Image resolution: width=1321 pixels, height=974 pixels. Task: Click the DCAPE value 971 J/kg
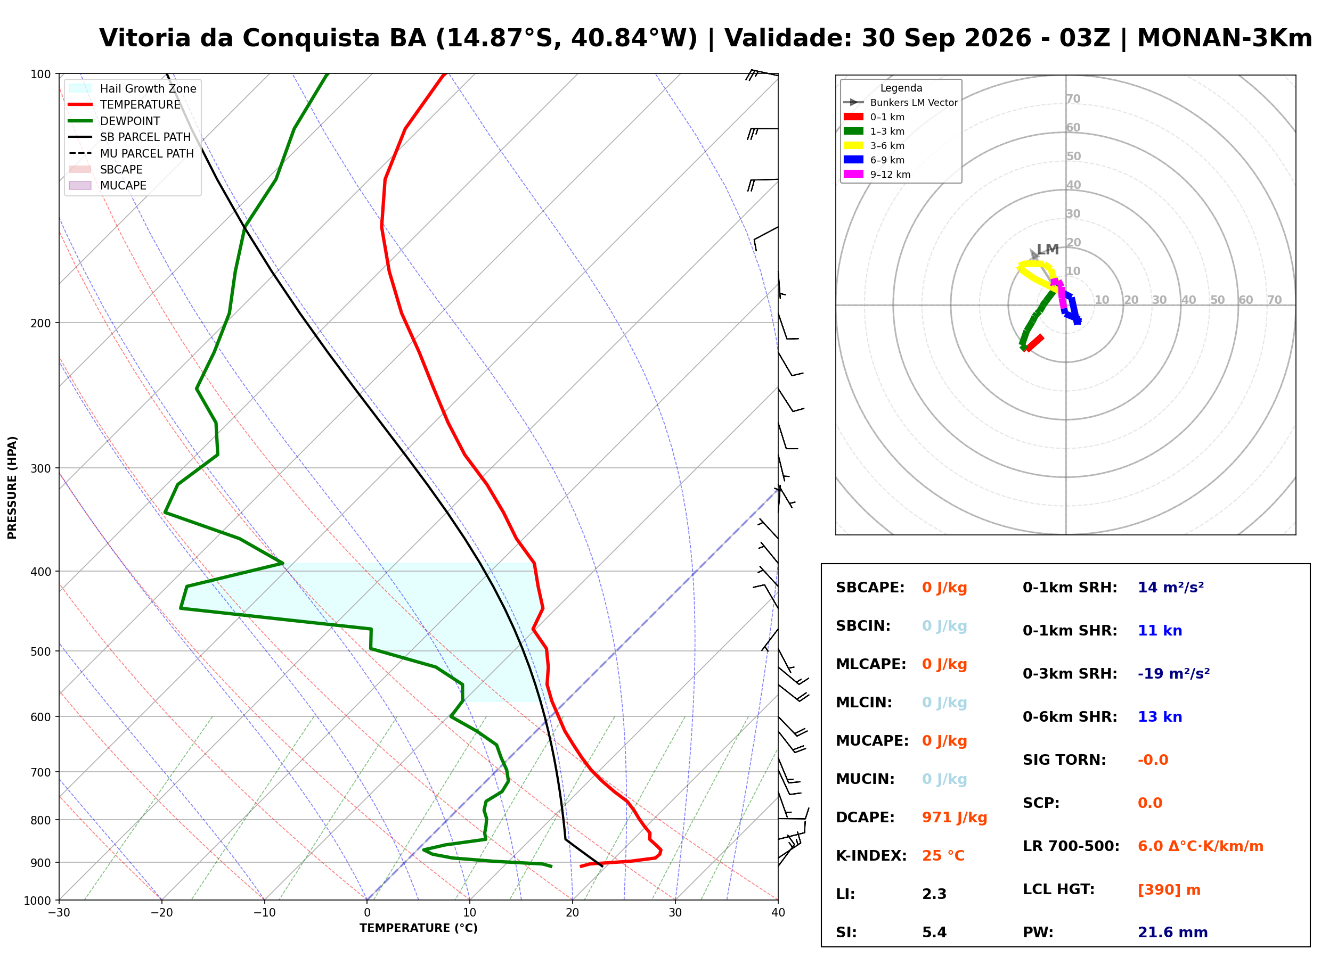(954, 818)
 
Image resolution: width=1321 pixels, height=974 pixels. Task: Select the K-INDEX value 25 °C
(943, 856)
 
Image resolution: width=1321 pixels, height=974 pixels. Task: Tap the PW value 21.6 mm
(1172, 932)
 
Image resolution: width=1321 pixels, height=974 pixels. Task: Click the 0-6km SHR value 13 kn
(1160, 717)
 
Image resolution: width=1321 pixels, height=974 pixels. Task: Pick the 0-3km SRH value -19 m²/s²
(1173, 674)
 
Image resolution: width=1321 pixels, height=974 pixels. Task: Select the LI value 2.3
(934, 894)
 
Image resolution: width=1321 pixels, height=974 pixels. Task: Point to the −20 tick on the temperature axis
(161, 913)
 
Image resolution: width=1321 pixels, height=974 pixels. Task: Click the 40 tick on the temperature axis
(778, 913)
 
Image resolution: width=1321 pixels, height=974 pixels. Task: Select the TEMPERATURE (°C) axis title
(418, 929)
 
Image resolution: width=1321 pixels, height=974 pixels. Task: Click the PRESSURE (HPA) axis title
(12, 488)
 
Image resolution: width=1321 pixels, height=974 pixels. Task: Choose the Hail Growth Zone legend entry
(133, 88)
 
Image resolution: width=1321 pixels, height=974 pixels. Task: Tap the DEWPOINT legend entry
(115, 121)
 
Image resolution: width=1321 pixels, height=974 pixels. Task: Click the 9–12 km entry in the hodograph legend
(877, 175)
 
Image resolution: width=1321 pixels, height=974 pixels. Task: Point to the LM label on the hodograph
(1047, 250)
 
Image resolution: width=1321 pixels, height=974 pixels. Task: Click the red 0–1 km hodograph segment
(1034, 343)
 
